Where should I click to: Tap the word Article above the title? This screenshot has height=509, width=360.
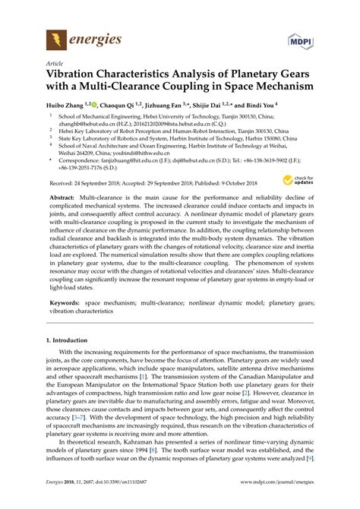[x=55, y=65]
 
